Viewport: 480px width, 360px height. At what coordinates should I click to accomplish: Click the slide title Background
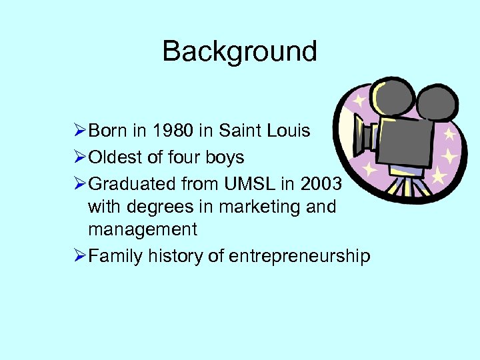click(x=239, y=51)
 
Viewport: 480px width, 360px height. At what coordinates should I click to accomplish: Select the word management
click(x=143, y=230)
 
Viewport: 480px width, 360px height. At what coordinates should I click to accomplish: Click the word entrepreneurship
click(x=299, y=257)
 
